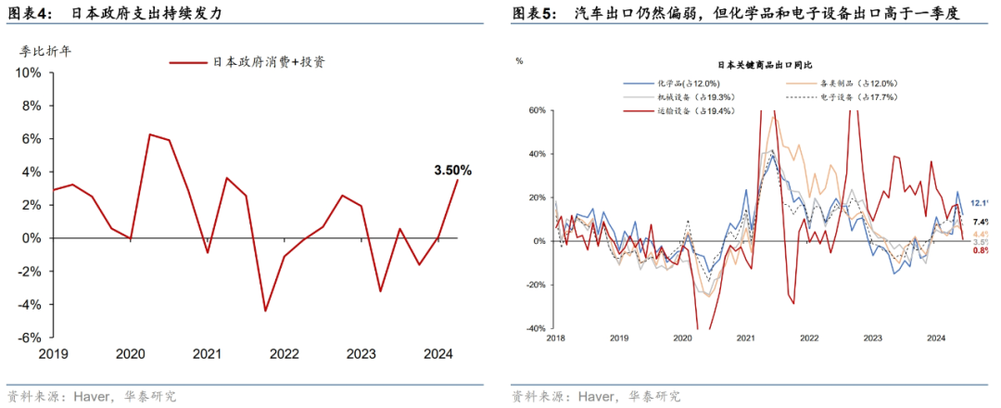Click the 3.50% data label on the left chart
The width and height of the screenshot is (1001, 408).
452,171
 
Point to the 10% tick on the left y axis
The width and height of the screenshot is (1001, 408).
32,72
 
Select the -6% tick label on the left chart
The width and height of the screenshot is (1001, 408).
31,338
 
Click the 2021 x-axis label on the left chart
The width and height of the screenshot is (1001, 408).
207,353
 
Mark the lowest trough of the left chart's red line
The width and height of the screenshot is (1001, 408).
265,311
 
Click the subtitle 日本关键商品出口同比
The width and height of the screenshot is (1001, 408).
765,65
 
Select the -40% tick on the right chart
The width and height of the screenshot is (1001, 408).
535,328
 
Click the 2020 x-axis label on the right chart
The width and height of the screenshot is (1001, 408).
682,339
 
